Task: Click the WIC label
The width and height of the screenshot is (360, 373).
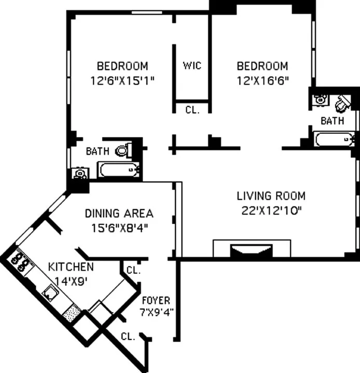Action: coord(191,66)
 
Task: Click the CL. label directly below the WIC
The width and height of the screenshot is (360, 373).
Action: coord(191,109)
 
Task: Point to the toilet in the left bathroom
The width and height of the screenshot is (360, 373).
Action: coord(123,150)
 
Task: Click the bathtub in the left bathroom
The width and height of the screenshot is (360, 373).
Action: coord(119,169)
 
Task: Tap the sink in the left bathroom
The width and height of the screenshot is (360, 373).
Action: coord(79,173)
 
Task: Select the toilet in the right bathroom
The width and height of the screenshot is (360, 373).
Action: coord(342,104)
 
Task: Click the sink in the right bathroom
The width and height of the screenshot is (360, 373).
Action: coord(320,99)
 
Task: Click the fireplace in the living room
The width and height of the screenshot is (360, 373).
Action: coord(252,251)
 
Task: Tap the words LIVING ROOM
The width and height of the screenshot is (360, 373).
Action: coord(271,196)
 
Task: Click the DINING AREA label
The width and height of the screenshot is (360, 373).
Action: coord(119,213)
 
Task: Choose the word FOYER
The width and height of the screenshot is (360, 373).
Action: coord(156,300)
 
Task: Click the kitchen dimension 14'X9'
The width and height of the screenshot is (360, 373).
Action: coord(71,281)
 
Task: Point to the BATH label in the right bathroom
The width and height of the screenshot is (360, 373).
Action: coord(332,121)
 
